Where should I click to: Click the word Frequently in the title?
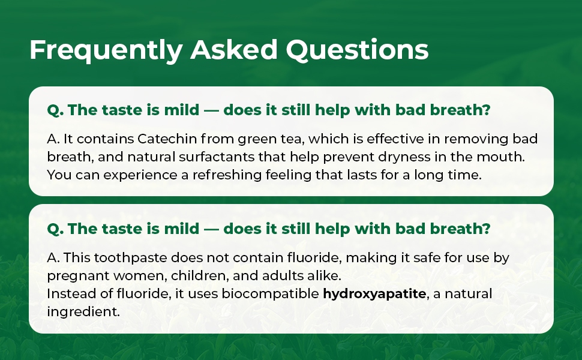(106, 50)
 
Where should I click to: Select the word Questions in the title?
(357, 50)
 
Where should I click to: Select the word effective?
(395, 139)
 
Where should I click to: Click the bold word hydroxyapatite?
(374, 294)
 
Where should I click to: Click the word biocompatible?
(270, 294)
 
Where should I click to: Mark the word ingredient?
(83, 312)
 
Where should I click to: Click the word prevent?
(349, 157)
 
